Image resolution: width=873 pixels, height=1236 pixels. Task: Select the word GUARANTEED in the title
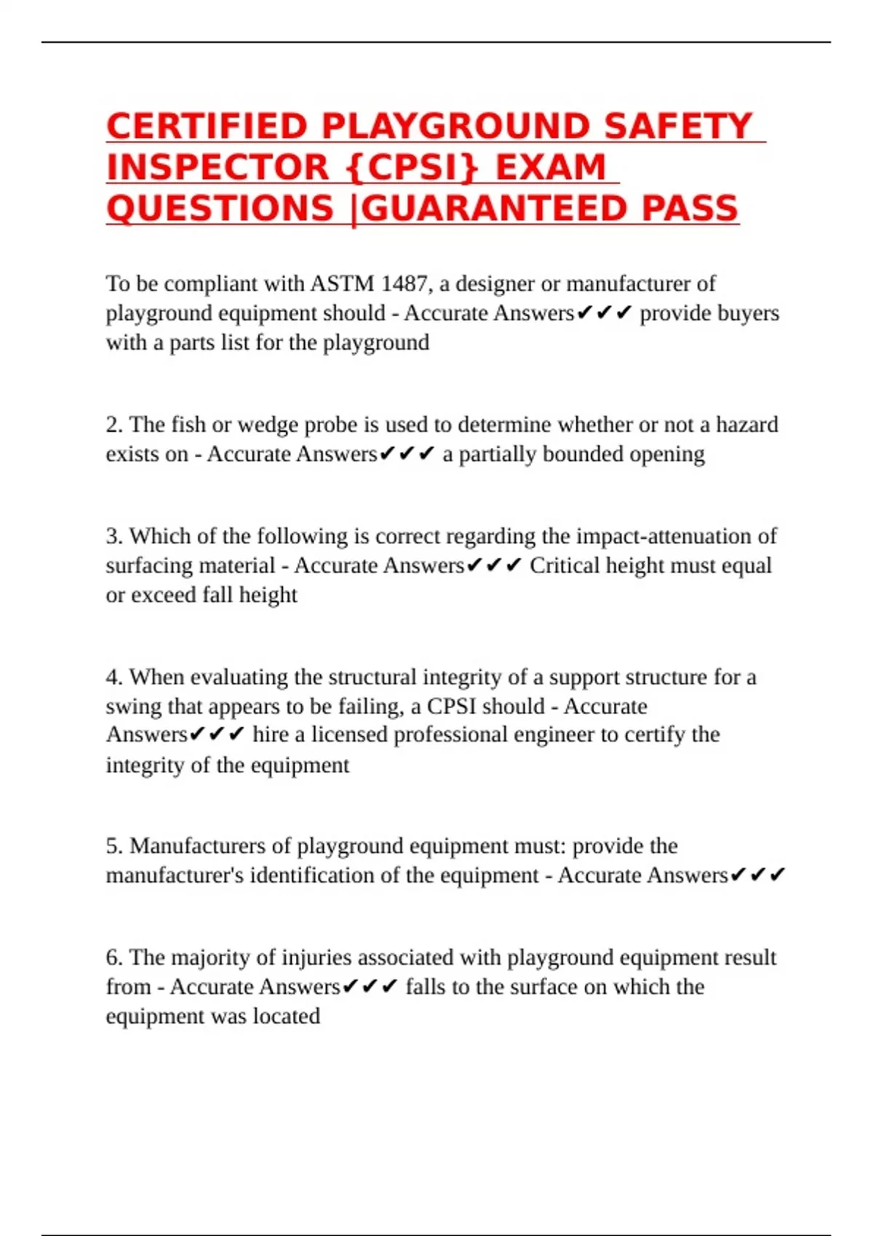click(495, 209)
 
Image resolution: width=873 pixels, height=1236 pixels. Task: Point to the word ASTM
click(343, 283)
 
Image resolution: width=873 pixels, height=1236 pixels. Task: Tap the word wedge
click(267, 425)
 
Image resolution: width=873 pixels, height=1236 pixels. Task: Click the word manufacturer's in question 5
click(175, 875)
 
